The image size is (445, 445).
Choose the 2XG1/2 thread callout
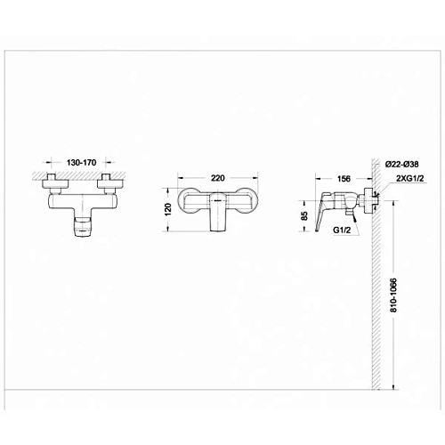coord(408,178)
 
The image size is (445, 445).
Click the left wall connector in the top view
coord(53,184)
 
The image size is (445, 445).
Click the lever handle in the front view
coord(219,219)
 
